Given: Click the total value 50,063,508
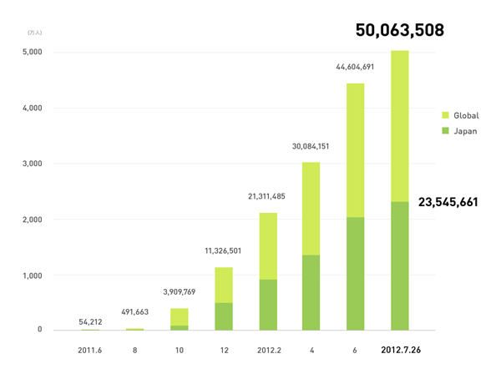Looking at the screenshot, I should (399, 31).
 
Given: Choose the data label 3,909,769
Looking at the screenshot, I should (178, 293).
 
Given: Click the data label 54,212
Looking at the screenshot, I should (89, 321).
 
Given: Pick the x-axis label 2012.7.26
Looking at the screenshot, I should (400, 351).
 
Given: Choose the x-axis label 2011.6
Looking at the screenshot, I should (89, 351).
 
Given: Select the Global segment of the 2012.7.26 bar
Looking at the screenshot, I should (400, 125).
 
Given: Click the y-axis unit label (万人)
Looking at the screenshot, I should (33, 32).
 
